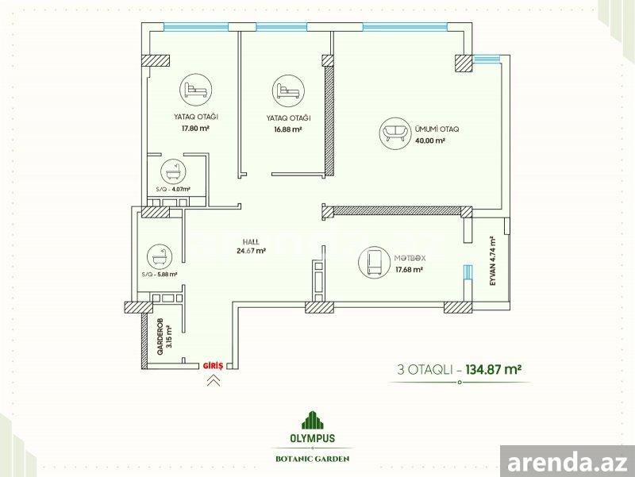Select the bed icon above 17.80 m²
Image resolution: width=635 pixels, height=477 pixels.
196,90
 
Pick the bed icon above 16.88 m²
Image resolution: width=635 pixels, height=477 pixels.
288,90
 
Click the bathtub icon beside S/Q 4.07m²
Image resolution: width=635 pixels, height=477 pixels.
173,171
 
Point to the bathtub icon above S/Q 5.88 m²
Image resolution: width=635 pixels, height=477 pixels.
160,256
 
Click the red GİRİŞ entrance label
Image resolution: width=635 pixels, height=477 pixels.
213,366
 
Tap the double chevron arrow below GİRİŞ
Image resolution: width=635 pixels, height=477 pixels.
214,380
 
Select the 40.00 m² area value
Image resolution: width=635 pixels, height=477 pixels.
430,140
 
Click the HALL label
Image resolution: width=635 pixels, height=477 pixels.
251,242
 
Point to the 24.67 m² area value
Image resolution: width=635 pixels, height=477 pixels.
251,250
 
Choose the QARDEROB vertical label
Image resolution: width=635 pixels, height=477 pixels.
160,337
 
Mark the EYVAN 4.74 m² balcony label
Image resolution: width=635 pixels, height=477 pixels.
492,261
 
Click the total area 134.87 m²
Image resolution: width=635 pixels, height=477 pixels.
493,370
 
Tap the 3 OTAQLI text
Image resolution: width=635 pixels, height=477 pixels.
425,370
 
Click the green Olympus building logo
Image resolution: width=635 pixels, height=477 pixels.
313,420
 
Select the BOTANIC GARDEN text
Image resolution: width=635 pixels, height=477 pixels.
312,459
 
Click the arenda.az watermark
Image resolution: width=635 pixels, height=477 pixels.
568,462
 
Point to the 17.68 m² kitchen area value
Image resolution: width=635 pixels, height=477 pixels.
410,269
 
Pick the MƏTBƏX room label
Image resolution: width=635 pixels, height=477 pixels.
410,258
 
